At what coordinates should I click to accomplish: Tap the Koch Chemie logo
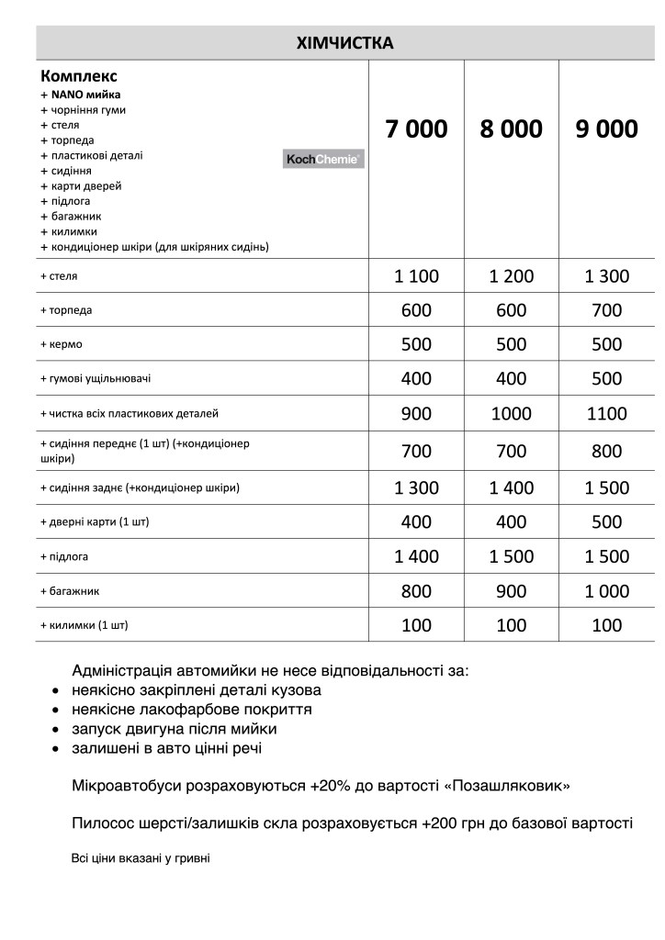pos(323,160)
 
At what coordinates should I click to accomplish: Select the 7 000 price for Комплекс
pos(416,129)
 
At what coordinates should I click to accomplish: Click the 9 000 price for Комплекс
pos(606,129)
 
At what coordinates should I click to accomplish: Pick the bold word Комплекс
pos(79,76)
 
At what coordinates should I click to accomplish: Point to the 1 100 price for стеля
pos(416,276)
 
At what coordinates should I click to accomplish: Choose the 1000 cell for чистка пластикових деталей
pos(511,414)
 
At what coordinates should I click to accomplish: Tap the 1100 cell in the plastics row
pos(606,414)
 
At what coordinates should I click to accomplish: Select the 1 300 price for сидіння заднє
pos(416,487)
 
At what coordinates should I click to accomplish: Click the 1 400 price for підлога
pos(416,556)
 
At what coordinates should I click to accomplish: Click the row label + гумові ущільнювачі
pos(96,378)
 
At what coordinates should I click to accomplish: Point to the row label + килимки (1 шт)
pos(85,625)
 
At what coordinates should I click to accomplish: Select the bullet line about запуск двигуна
pos(175,729)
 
